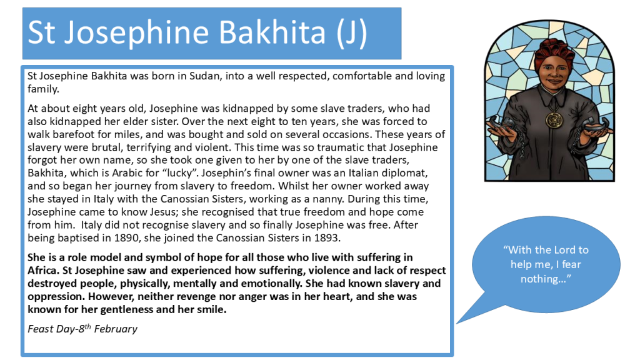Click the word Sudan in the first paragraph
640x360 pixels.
[x=204, y=76]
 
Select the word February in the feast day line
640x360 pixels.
[x=116, y=329]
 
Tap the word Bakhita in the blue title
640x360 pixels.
[x=272, y=32]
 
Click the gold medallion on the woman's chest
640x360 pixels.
[x=554, y=119]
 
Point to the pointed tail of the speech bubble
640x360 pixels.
[x=457, y=323]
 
